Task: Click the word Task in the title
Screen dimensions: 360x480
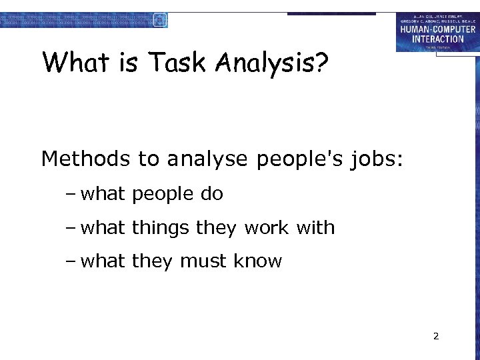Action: tap(179, 63)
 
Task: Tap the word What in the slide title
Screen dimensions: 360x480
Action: tap(75, 63)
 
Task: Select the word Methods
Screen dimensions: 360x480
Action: tap(85, 159)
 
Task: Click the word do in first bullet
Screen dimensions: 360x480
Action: tap(211, 194)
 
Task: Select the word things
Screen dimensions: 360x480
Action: tap(161, 228)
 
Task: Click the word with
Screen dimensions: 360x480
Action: tap(315, 228)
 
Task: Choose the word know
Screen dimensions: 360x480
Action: tap(258, 261)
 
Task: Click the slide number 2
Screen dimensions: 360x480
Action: tap(436, 336)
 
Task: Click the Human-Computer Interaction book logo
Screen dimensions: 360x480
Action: tap(437, 32)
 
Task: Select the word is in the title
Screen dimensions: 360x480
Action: tap(128, 63)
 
